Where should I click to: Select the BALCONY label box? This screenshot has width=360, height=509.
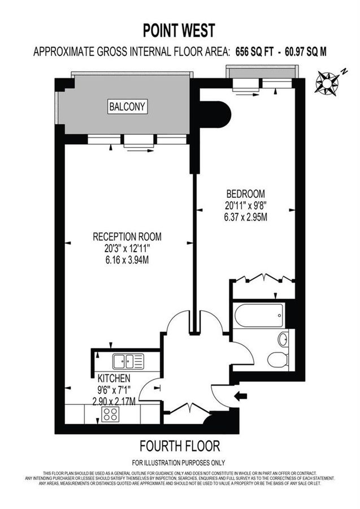coord(128,106)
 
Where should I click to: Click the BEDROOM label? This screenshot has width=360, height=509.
coord(246,193)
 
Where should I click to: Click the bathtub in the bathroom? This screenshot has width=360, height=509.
coord(259,315)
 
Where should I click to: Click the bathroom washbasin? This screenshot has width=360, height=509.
coord(283,339)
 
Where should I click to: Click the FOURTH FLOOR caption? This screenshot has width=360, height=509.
coord(179,445)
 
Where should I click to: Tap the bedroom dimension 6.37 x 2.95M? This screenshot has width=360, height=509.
coord(246,215)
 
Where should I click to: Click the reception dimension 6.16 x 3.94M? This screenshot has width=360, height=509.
coord(125,260)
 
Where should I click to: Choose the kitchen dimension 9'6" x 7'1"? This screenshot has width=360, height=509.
coord(113,390)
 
